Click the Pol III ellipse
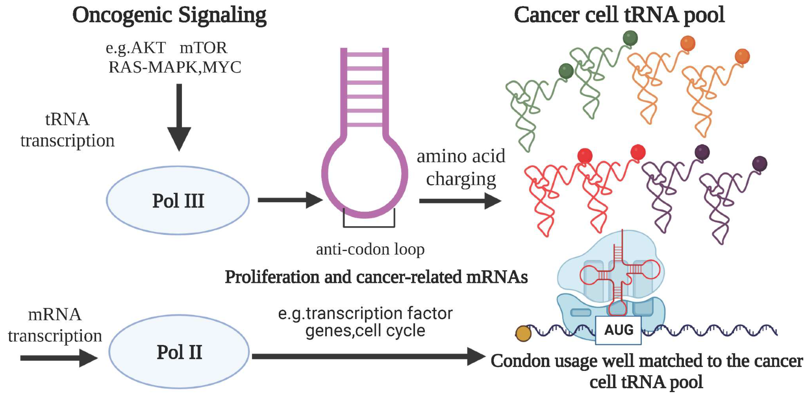(x=178, y=200)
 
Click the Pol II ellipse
(x=179, y=352)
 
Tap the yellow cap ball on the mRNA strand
(x=523, y=333)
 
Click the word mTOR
(x=203, y=48)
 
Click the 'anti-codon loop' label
(x=370, y=249)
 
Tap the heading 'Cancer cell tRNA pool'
(x=619, y=15)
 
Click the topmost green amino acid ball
(x=630, y=38)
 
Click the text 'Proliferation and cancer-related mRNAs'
(x=376, y=277)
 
